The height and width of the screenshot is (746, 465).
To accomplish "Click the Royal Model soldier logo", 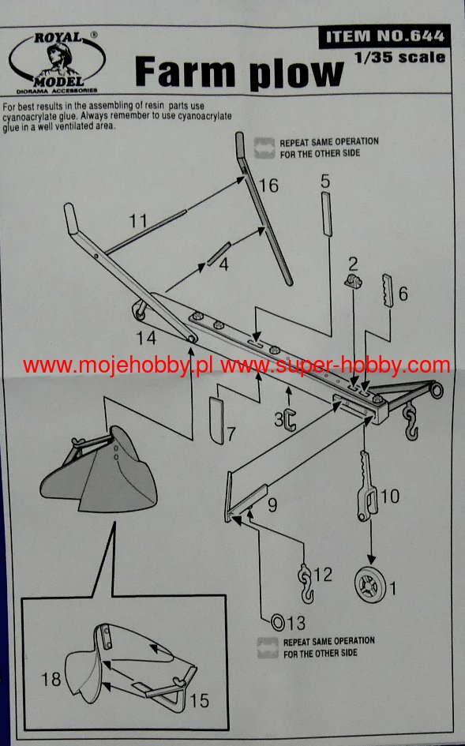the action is click(57, 62).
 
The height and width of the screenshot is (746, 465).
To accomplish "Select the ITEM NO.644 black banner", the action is click(384, 36).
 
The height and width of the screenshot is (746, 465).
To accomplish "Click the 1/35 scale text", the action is click(399, 57).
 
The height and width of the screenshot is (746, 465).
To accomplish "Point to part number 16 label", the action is click(268, 186).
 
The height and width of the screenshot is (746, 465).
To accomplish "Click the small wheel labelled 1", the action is click(369, 585).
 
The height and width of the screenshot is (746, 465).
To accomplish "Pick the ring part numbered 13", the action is click(278, 622).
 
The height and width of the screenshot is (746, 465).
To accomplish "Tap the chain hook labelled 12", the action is click(306, 583).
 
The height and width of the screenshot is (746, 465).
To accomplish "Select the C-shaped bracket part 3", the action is click(290, 419).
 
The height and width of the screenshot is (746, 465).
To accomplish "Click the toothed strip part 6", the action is click(388, 291).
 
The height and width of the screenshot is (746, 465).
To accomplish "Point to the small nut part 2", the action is click(353, 281).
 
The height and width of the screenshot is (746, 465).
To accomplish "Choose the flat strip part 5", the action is click(327, 214).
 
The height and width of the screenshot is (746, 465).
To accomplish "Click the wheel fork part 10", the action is click(367, 485).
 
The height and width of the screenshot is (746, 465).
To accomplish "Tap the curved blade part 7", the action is click(216, 421).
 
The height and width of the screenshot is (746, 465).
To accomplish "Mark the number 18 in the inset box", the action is click(51, 679).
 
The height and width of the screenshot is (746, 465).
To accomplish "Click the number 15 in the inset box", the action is click(200, 700).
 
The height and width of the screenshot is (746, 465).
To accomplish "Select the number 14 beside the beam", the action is click(145, 338).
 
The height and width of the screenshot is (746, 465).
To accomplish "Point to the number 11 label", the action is click(138, 221).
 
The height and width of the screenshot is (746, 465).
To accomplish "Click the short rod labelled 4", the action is click(219, 253).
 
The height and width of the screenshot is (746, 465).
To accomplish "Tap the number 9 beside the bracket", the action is click(272, 504).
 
